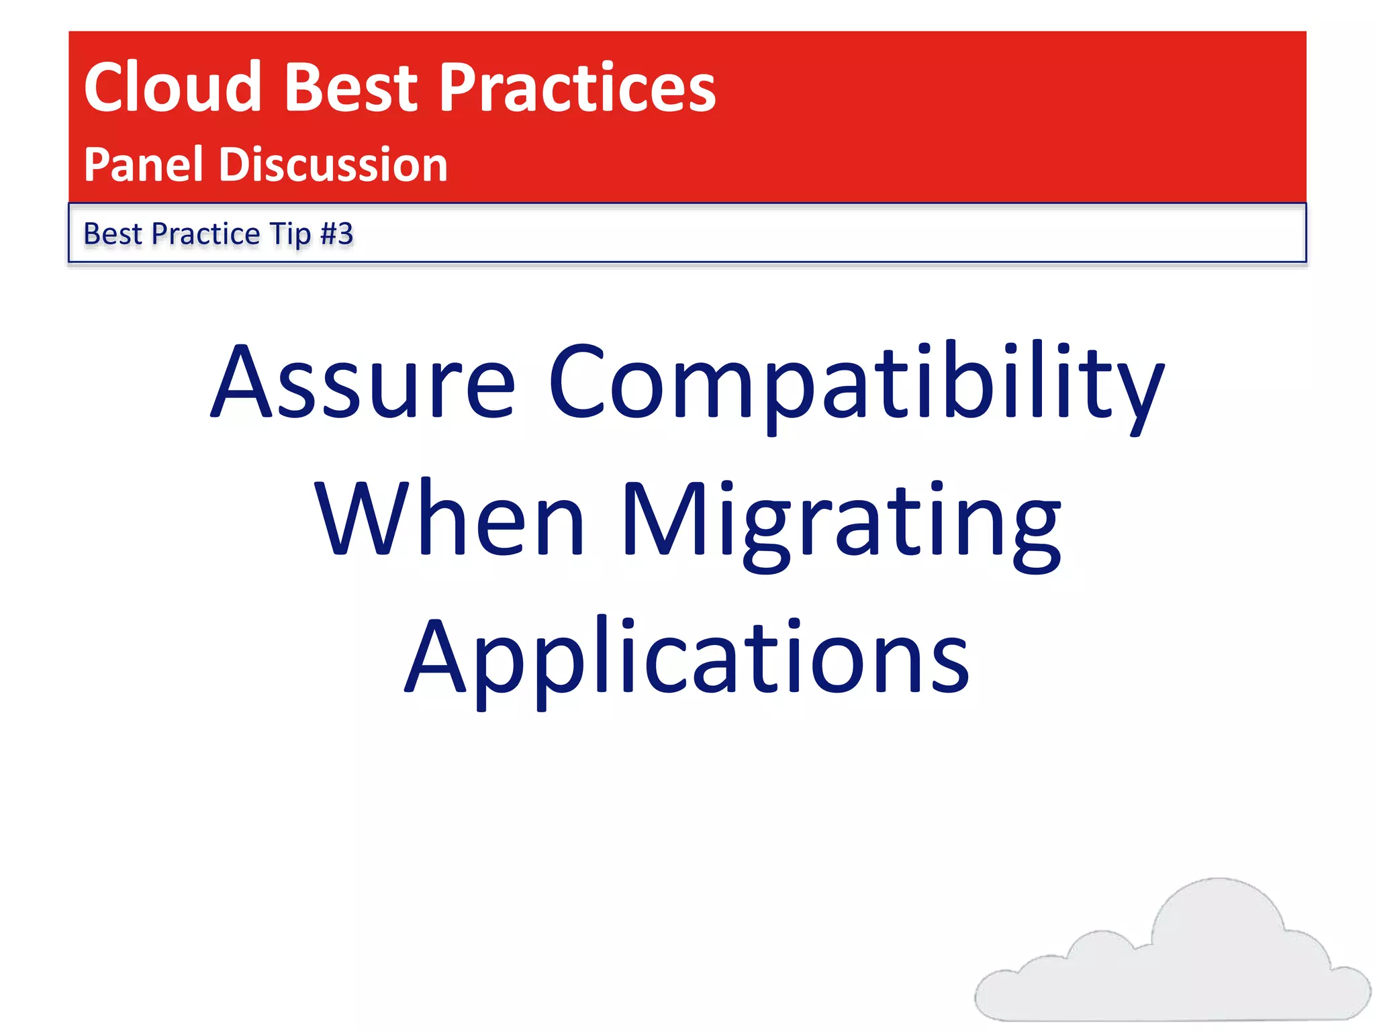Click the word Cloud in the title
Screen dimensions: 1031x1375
pos(172,87)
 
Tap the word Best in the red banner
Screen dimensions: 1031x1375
pos(351,87)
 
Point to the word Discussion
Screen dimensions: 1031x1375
pos(333,164)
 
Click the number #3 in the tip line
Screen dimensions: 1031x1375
pos(336,234)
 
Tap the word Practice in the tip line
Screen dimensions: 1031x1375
pos(205,234)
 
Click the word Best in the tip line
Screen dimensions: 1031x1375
pos(112,234)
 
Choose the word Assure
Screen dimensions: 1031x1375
pos(363,383)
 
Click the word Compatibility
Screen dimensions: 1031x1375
pos(856,386)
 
